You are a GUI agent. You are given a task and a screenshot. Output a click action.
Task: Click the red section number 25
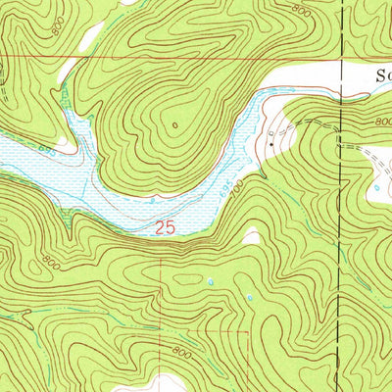click(165, 227)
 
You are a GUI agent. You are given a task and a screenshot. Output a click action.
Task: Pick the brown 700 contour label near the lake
click(234, 179)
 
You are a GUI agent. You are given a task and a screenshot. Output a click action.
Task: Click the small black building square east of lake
click(271, 143)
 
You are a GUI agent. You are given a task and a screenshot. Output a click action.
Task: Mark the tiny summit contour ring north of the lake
click(174, 124)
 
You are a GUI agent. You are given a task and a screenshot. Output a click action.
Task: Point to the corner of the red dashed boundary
click(249, 331)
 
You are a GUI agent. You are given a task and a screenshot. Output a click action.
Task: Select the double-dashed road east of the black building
click(314, 124)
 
